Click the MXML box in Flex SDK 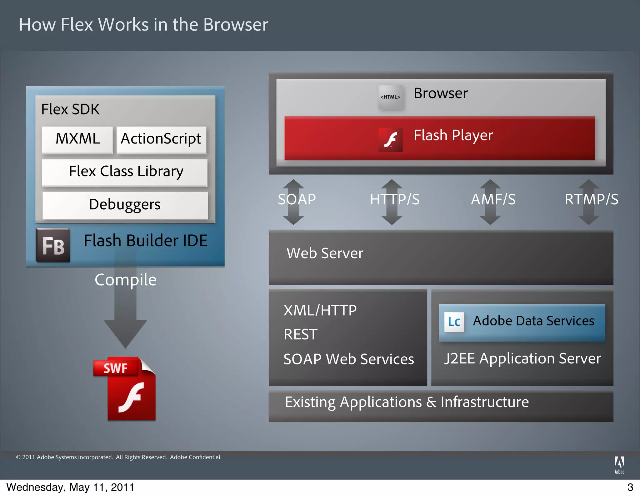[x=77, y=139]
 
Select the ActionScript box [x=161, y=139]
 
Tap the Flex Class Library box [x=125, y=172]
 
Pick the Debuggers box [x=125, y=205]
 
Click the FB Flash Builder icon [x=53, y=245]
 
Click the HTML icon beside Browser [x=390, y=97]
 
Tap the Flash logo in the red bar [x=391, y=139]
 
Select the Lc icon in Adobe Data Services [x=454, y=322]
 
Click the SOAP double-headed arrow [x=293, y=202]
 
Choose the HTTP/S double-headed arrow [x=392, y=202]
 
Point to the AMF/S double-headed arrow [x=490, y=202]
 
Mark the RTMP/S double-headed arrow [x=589, y=202]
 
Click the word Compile [x=126, y=280]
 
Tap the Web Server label [x=325, y=253]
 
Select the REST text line [x=301, y=334]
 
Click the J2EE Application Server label [x=522, y=358]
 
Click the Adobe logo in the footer [x=619, y=465]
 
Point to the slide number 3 [x=630, y=487]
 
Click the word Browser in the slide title [x=236, y=25]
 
